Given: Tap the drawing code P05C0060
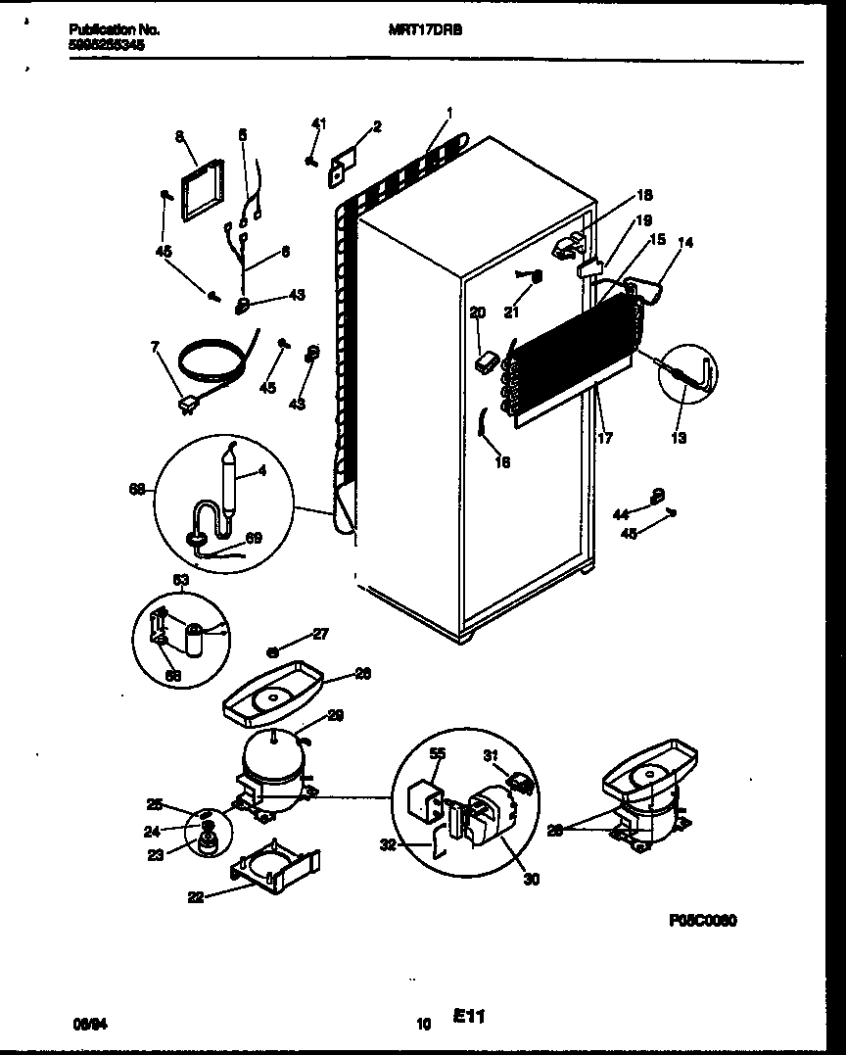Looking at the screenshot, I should point(703,922).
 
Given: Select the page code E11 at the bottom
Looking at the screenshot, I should point(471,1019).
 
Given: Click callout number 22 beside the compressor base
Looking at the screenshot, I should point(196,896).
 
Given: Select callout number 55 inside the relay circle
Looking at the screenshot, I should point(436,754).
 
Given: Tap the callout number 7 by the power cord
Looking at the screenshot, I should point(154,348).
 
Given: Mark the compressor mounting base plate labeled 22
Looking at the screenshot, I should point(276,863).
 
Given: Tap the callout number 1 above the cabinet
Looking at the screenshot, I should point(448,112).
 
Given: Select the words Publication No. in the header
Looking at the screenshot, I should point(115,30).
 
